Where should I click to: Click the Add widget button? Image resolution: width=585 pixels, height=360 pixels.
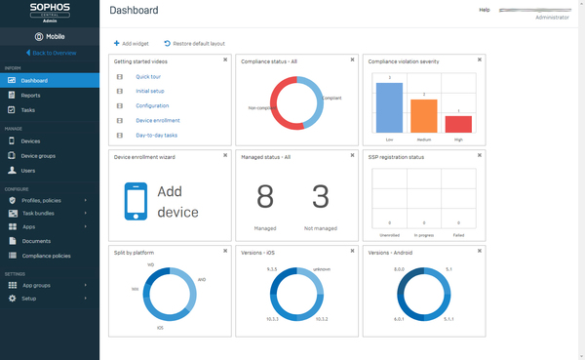point(132,44)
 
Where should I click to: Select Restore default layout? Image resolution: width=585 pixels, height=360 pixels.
point(198,44)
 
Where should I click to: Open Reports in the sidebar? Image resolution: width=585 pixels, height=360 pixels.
point(31,96)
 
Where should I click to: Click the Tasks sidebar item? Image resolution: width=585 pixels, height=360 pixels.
point(29,110)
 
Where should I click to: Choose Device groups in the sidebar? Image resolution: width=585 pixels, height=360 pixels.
point(37,156)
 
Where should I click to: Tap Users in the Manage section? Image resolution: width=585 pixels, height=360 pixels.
point(29,170)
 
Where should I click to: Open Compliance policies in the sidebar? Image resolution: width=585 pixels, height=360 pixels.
point(46,255)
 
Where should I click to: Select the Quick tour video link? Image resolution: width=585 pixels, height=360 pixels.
point(148,75)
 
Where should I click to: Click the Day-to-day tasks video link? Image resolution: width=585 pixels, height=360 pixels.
point(156,135)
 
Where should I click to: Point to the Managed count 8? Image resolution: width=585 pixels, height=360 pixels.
point(265,197)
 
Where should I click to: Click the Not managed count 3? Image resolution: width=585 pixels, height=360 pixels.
point(320,197)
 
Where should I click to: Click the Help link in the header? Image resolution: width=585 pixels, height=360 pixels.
point(485,10)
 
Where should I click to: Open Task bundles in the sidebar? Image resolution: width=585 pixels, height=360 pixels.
point(40,213)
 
